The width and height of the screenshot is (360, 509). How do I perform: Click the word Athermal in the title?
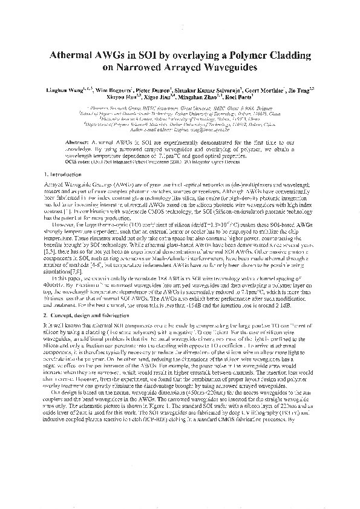pyautogui.click(x=74, y=56)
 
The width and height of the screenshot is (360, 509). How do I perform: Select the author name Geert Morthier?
pyautogui.click(x=262, y=90)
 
